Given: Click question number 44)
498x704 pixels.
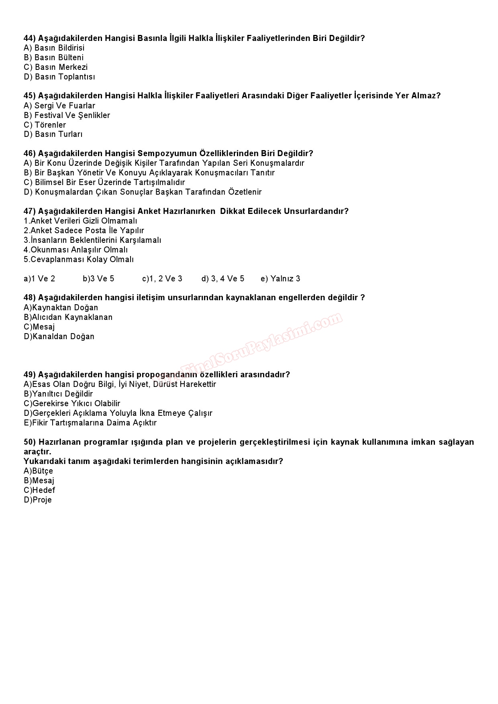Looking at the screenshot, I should click(30, 39).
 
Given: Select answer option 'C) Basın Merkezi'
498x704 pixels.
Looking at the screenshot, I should click(55, 67).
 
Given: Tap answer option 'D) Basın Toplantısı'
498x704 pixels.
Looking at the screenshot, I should click(59, 77).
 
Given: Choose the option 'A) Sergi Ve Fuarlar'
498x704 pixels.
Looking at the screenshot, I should click(59, 106).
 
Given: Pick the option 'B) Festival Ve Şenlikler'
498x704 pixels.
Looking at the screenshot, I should click(67, 116).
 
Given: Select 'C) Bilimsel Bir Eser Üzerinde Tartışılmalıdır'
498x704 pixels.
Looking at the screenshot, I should click(104, 182).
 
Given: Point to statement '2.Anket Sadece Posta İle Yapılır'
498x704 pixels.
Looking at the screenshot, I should click(84, 231).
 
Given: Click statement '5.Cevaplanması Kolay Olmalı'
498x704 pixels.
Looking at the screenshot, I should click(78, 260).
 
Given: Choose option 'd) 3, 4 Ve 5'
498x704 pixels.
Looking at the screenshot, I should click(222, 279).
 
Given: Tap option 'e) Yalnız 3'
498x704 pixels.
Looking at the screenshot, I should click(280, 279).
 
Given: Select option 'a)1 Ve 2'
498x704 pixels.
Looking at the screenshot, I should click(39, 279).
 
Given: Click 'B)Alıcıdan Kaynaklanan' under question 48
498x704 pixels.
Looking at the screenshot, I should click(68, 317).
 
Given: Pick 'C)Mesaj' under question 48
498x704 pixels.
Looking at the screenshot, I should click(39, 327).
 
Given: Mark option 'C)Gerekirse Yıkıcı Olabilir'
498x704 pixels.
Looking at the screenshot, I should click(72, 404).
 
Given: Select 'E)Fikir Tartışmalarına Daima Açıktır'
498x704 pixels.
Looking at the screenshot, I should click(90, 423).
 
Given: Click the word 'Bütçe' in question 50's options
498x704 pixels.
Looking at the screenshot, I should click(43, 471).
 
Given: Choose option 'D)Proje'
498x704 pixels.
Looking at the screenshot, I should click(38, 500).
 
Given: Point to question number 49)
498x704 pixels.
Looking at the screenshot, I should click(30, 375).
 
